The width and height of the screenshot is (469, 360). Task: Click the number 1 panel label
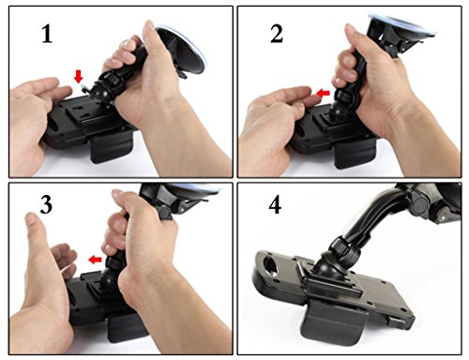tap(47, 34)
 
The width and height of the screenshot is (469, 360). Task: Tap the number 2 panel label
tap(277, 34)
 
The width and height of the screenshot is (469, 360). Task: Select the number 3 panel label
tap(46, 205)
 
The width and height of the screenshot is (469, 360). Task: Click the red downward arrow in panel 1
tap(78, 77)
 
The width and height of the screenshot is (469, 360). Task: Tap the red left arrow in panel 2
tap(323, 93)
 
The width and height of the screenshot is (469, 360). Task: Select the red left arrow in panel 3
tap(95, 260)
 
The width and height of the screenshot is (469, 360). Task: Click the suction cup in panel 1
tap(181, 50)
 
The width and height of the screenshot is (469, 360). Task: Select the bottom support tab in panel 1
tap(113, 146)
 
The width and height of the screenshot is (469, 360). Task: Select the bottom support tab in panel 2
tap(355, 154)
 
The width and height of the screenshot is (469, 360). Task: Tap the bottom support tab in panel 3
tap(127, 328)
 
